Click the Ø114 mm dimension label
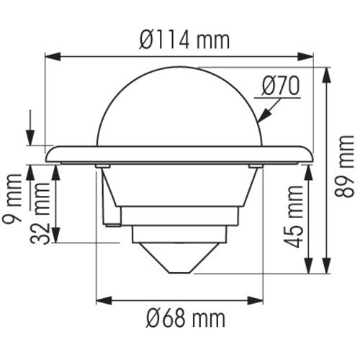click(180, 40)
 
